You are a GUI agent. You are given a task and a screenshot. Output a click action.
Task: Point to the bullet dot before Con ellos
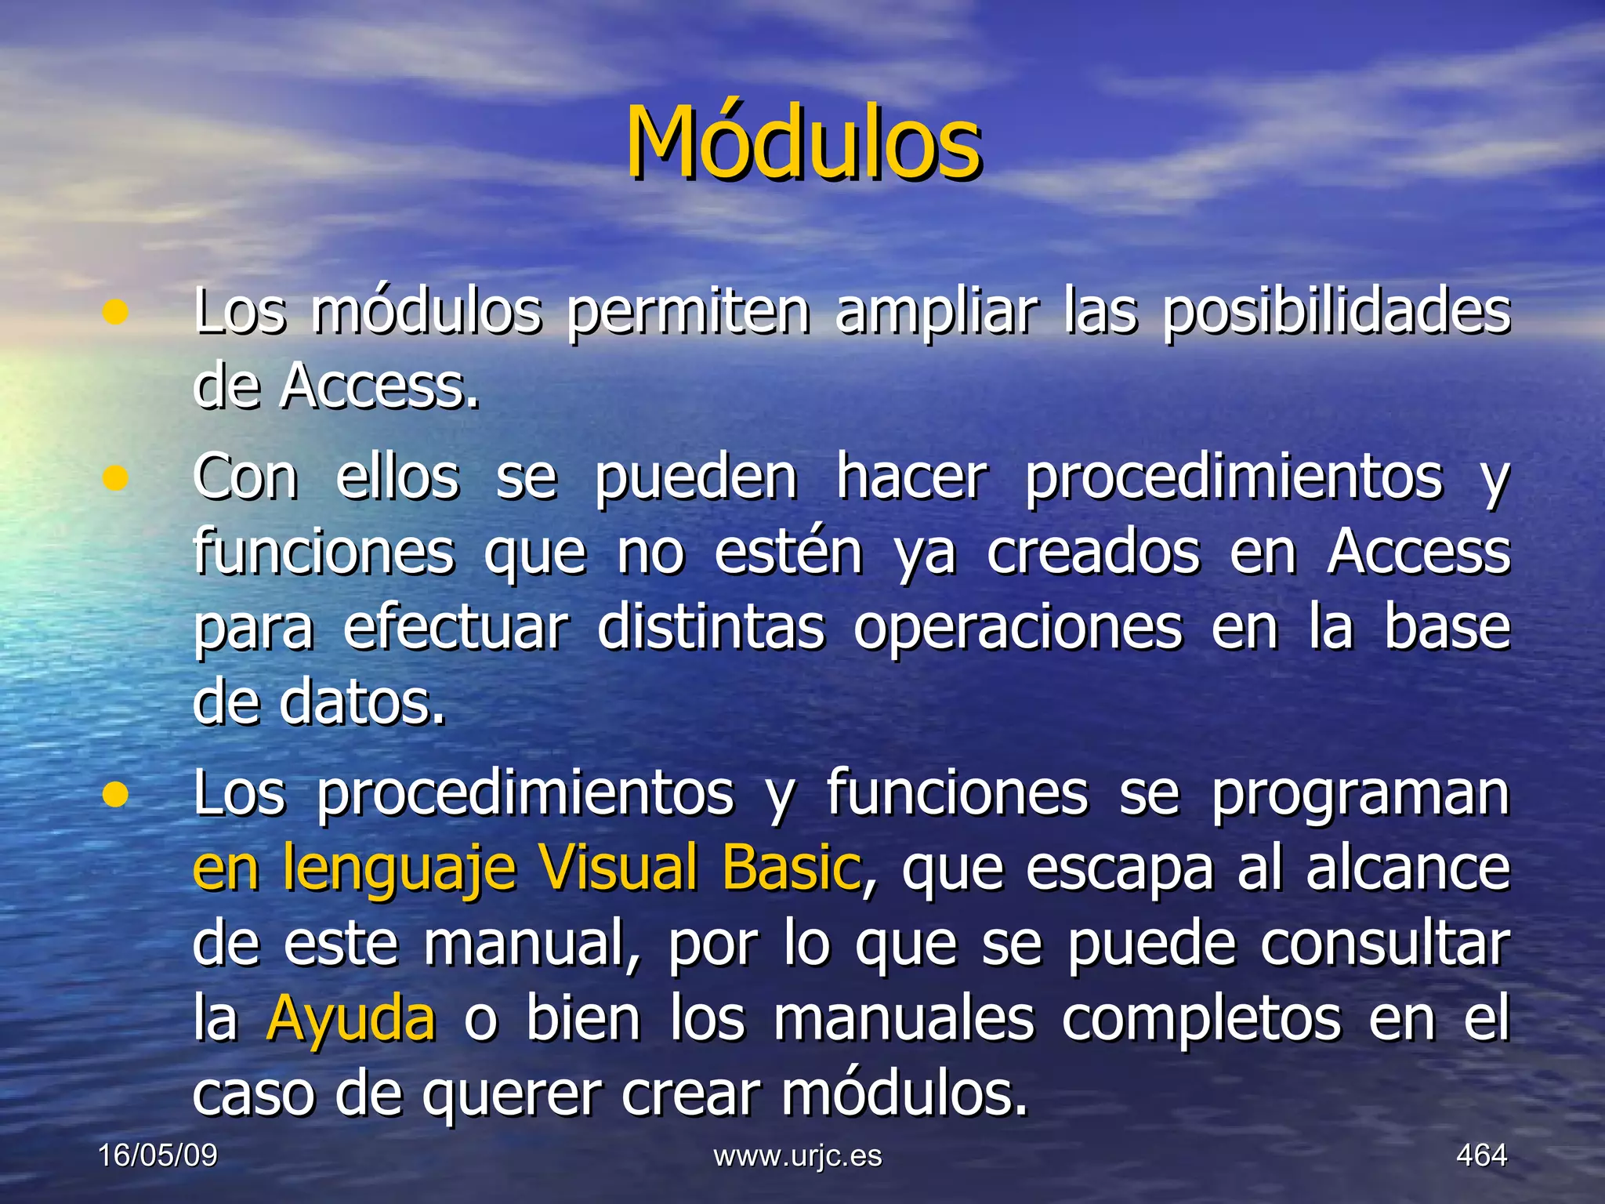click(115, 477)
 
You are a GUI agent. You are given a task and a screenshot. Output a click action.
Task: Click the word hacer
click(911, 477)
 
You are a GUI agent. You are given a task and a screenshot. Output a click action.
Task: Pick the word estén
click(788, 553)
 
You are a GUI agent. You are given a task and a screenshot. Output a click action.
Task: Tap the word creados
click(1092, 553)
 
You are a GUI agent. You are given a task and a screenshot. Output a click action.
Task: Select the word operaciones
click(1017, 628)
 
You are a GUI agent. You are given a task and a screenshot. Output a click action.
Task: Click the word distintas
click(711, 628)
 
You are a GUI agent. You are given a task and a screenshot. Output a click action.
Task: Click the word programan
click(1360, 794)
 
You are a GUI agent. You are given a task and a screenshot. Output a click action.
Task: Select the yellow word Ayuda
click(350, 1020)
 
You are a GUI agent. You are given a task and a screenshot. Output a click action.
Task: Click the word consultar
click(1384, 945)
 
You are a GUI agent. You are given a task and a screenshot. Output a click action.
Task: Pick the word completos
click(1201, 1020)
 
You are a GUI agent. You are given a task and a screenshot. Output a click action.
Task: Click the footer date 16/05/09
click(158, 1155)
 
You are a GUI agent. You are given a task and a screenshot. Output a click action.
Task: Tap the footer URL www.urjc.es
click(798, 1155)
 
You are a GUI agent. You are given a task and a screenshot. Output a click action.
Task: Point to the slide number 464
click(1481, 1155)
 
